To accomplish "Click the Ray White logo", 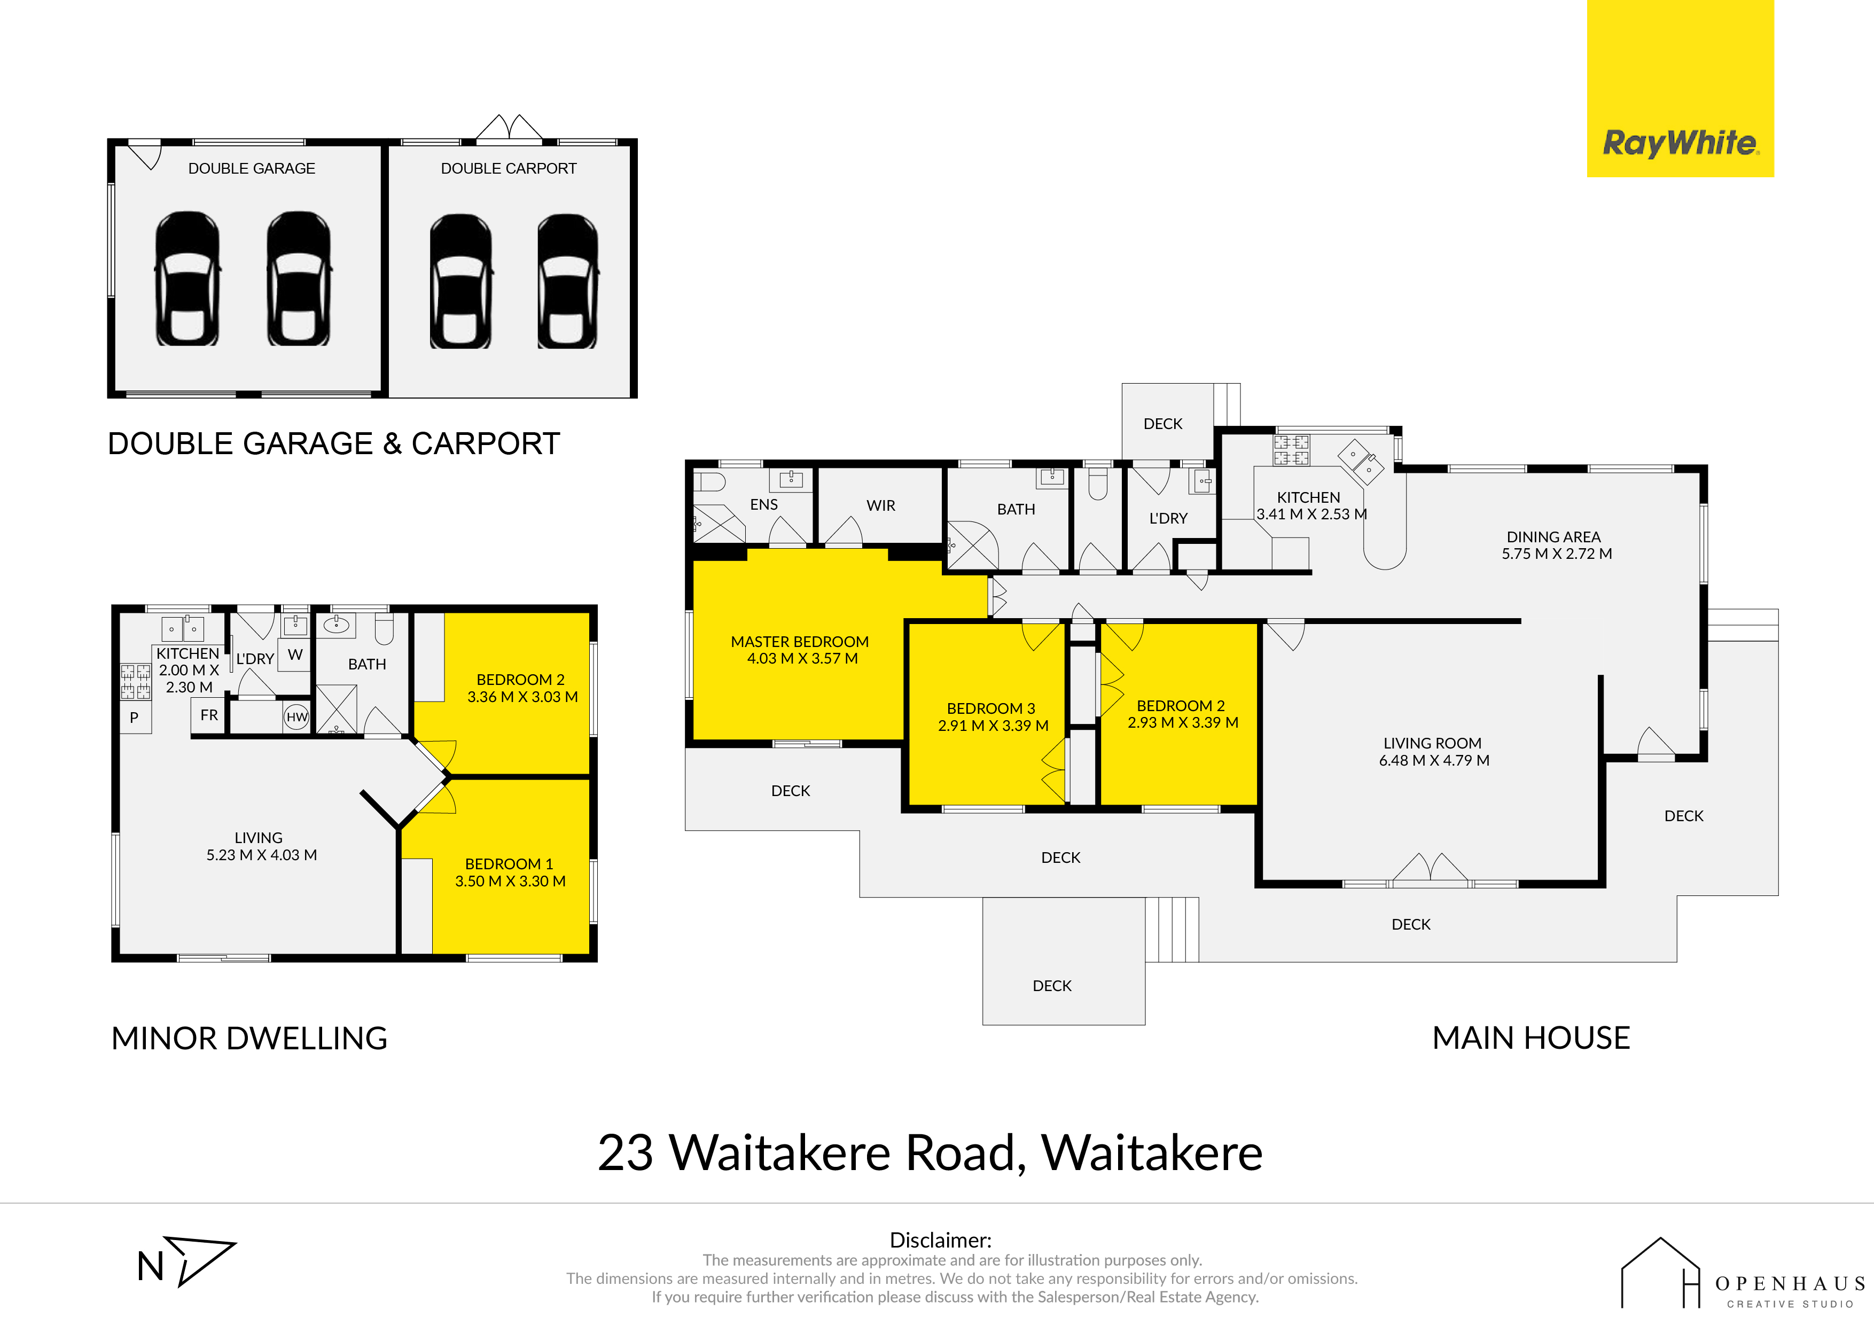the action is pos(1680,88).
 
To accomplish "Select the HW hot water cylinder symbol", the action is pos(297,717).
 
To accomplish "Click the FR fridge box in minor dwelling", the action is pos(209,715).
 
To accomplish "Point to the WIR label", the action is pos(881,505).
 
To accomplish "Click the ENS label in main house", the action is pos(764,504).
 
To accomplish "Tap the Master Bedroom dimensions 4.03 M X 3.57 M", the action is pos(802,658).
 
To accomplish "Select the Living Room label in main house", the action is pos(1432,743).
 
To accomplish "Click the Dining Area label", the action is pos(1553,536).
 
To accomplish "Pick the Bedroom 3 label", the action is pos(991,708).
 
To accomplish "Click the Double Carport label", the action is pos(509,168).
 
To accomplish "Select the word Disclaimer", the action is pos(940,1240).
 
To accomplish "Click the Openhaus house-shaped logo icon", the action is pos(1660,1274).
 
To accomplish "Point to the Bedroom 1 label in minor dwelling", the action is pos(509,864).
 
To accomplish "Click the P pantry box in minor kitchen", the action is pos(135,718).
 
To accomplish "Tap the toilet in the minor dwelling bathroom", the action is pos(384,629).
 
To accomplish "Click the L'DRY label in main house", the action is pos(1168,518).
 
